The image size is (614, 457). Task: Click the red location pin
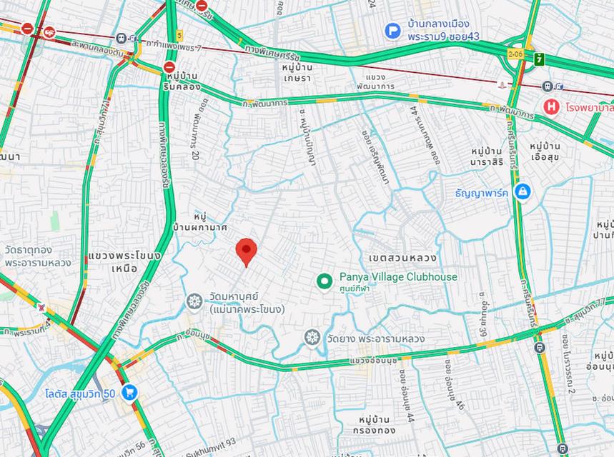tap(246, 251)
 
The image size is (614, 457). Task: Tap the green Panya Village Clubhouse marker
tap(325, 283)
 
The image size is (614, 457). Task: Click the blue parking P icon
tap(392, 31)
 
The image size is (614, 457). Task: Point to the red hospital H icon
tap(551, 106)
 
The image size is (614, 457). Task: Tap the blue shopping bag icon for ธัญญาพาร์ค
tap(523, 192)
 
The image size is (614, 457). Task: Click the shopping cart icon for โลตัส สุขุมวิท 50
tap(129, 392)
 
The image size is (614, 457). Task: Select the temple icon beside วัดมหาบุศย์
tap(194, 302)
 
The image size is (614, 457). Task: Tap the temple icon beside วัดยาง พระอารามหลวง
tap(312, 338)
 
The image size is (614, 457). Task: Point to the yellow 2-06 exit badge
tap(515, 54)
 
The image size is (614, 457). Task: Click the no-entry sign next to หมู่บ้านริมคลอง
tap(169, 66)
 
